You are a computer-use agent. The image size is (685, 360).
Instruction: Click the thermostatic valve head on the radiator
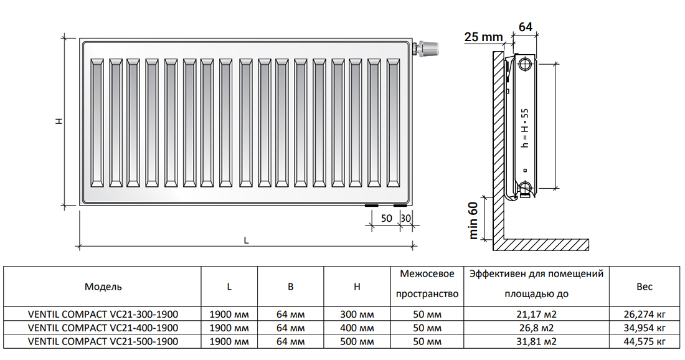pos(428,49)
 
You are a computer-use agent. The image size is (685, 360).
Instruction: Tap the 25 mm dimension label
pos(483,37)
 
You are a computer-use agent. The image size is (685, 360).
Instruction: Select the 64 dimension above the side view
pos(526,27)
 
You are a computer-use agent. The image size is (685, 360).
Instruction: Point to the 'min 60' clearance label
pos(475,220)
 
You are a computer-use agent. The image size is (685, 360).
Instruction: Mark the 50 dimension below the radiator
pos(386,218)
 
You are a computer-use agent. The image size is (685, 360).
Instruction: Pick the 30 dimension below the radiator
pos(406,218)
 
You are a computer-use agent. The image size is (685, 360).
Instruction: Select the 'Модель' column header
pos(103,287)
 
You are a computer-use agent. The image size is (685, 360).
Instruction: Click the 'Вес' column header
pos(645,287)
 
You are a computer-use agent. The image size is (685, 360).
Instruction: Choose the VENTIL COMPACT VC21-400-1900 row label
pos(103,327)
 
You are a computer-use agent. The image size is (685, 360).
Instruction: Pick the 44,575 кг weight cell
pos(645,341)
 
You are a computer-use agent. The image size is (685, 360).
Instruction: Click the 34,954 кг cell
pos(645,327)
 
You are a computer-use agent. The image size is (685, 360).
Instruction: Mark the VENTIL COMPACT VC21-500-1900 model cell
pos(103,341)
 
